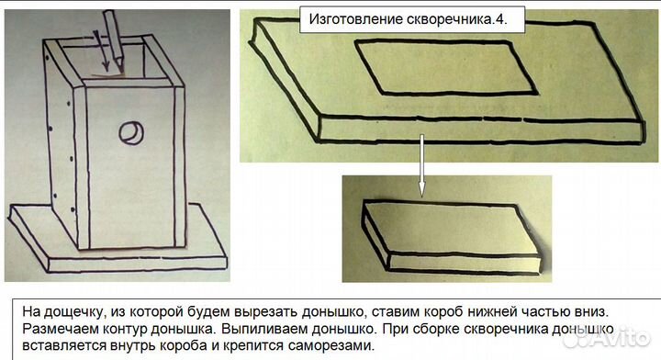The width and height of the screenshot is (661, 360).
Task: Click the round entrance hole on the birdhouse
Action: (x=129, y=133)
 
